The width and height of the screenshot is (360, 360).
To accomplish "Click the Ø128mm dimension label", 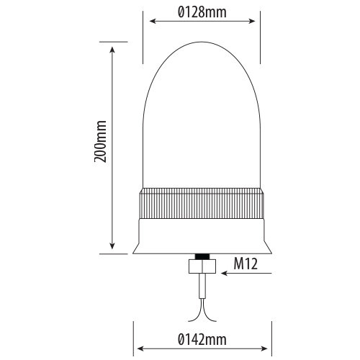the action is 202,12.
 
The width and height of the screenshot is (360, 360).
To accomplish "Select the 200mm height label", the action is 100,142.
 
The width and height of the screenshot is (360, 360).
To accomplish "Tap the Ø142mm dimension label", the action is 202,340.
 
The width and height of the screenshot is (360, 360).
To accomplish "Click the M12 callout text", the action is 246,264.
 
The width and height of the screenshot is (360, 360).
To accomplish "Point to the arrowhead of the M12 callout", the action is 224,273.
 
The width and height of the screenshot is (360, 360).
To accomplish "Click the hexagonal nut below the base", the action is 202,266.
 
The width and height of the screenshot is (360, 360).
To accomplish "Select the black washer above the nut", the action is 202,256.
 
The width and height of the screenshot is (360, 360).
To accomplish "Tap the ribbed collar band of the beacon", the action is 202,204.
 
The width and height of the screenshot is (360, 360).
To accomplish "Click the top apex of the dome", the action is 202,42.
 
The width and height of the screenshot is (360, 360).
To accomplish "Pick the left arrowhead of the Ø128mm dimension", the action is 153,21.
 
